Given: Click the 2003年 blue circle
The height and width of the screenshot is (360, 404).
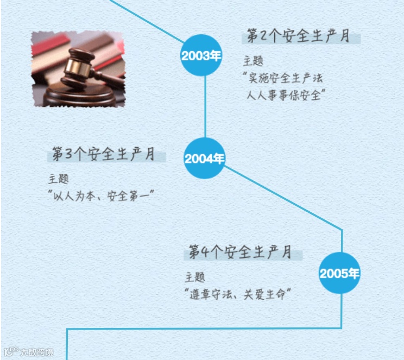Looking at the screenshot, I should click(x=201, y=55).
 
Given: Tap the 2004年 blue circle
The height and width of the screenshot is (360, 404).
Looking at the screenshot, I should click(x=204, y=159).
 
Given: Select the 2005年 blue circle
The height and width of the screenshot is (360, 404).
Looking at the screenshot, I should click(x=339, y=273).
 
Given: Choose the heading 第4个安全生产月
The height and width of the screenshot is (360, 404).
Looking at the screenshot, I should click(x=241, y=252).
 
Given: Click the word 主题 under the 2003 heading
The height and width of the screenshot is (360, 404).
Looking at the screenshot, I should click(x=253, y=61).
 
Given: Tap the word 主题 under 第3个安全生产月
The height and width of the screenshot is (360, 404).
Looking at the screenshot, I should click(x=59, y=179).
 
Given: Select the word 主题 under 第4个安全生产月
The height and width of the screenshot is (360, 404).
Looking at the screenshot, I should click(x=195, y=277).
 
